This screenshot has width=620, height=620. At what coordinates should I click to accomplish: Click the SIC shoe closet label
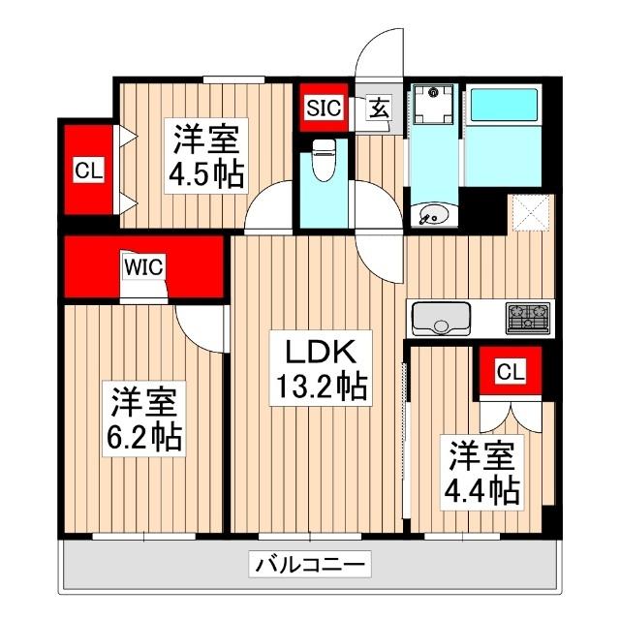[325, 108]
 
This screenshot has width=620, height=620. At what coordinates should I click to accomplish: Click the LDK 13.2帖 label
[317, 368]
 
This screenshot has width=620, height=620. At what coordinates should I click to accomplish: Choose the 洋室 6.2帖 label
[144, 418]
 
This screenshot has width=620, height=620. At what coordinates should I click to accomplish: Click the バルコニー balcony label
[310, 563]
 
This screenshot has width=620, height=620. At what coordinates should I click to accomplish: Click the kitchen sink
[441, 318]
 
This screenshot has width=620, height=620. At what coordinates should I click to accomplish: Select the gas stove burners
[526, 317]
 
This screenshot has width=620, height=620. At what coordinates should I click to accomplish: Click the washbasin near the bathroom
[432, 214]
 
